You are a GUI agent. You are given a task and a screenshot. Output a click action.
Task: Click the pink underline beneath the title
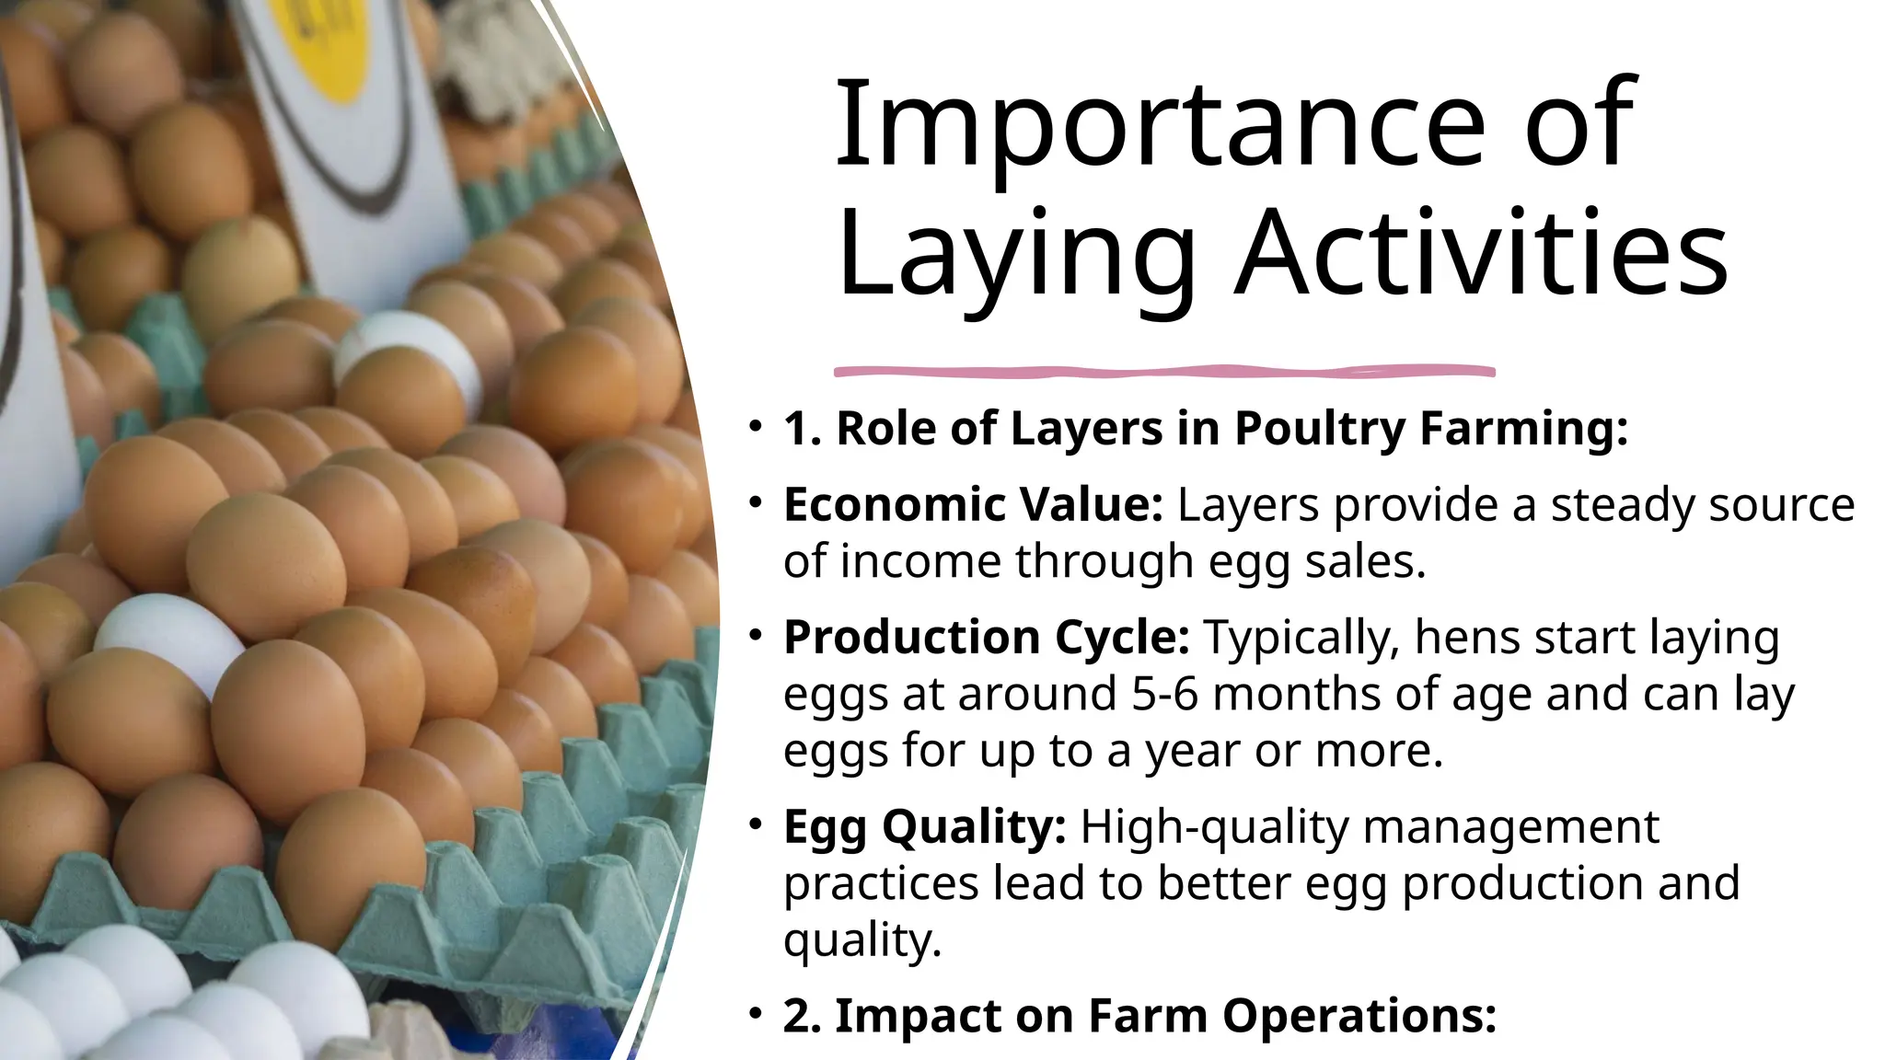[x=1163, y=372]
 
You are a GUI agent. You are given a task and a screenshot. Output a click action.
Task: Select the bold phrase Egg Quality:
[x=924, y=826]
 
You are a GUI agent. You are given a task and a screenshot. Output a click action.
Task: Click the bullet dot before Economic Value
[x=756, y=502]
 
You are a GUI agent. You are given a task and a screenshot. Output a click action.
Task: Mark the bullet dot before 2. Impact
[x=756, y=1014]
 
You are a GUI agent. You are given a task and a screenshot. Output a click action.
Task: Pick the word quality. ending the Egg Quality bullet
[x=862, y=940]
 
